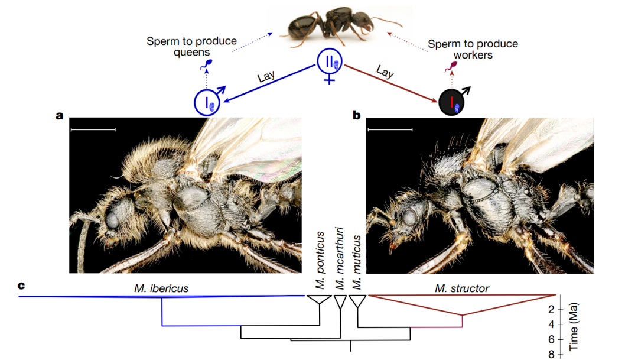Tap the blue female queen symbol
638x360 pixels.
(329, 62)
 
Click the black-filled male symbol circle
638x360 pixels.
(453, 103)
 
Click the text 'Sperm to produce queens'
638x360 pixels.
(192, 47)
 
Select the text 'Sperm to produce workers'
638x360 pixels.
(473, 49)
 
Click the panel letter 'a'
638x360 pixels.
(59, 115)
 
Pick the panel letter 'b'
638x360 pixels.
(356, 115)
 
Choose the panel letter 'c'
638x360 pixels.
(21, 286)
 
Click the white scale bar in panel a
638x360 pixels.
(93, 129)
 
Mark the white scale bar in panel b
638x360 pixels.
(389, 129)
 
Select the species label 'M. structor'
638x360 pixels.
(463, 288)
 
